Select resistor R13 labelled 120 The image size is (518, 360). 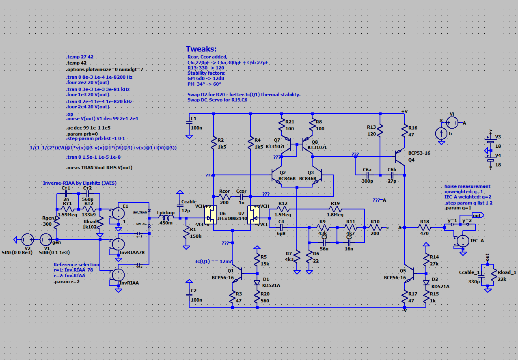click(380, 130)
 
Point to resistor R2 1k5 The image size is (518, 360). click(214, 142)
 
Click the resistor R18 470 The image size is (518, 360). click(424, 228)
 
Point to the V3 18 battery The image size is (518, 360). click(491, 142)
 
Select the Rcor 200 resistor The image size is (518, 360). click(224, 196)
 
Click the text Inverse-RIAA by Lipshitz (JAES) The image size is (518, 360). click(80, 183)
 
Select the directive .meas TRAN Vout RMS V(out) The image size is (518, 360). click(99, 168)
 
